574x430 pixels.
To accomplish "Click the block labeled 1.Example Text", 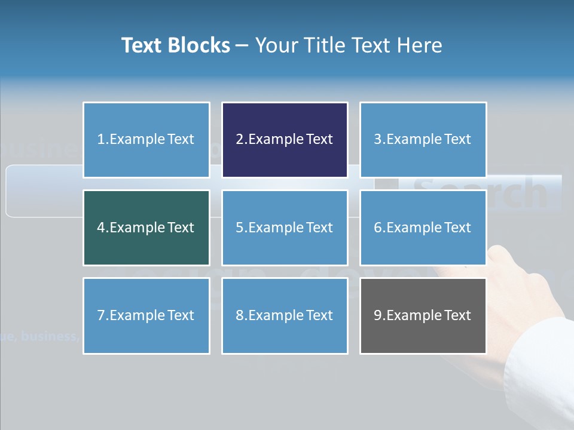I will point(146,140).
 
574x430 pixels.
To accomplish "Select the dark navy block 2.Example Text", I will point(285,140).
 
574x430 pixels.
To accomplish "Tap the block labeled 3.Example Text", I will point(423,140).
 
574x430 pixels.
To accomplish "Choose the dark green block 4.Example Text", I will point(146,228).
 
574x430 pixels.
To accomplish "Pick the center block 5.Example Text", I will point(285,228).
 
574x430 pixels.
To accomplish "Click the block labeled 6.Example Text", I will point(423,228).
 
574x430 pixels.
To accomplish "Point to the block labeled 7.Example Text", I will point(146,315).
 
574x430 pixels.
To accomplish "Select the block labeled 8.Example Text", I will point(285,315).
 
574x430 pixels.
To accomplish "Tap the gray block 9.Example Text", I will point(423,315).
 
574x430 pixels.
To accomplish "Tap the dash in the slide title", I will point(242,45).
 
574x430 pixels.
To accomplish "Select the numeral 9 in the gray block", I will point(378,315).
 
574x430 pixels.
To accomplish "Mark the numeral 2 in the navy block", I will point(240,140).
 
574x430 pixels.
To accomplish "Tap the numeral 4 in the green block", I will point(101,228).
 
